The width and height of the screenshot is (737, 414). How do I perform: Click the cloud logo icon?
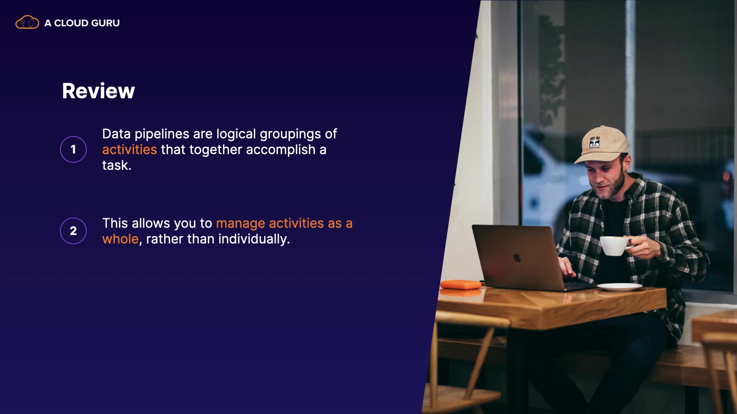pyautogui.click(x=27, y=22)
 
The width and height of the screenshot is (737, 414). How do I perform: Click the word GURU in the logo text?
pyautogui.click(x=106, y=23)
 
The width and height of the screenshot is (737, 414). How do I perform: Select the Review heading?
pyautogui.click(x=99, y=91)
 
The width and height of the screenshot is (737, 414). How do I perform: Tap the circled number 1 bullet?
pyautogui.click(x=73, y=149)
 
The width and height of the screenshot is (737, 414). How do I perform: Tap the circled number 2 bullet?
pyautogui.click(x=73, y=231)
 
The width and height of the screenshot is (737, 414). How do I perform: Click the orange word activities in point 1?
pyautogui.click(x=129, y=149)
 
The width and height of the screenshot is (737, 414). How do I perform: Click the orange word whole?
pyautogui.click(x=120, y=239)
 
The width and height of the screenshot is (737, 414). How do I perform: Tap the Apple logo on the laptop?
pyautogui.click(x=517, y=258)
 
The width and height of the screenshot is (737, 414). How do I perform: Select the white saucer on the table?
pyautogui.click(x=620, y=286)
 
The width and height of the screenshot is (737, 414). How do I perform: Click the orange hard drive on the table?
pyautogui.click(x=461, y=284)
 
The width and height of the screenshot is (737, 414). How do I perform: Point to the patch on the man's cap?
pyautogui.click(x=595, y=142)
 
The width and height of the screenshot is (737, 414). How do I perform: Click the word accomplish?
pyautogui.click(x=281, y=150)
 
